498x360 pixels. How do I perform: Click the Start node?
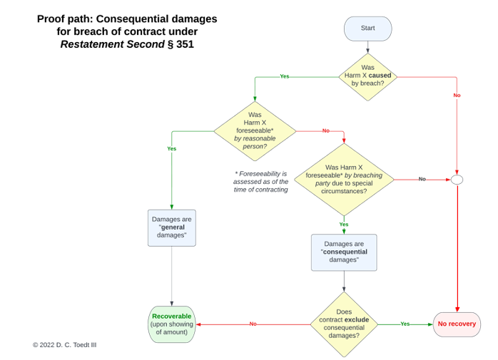tap(367, 29)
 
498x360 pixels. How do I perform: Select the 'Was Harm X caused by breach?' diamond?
tap(367, 76)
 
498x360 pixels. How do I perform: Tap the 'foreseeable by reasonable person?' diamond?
tap(255, 130)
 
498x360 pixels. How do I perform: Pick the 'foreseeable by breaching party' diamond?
tap(344, 180)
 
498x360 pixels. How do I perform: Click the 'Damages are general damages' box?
tap(171, 228)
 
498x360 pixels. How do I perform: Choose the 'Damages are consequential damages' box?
tap(344, 252)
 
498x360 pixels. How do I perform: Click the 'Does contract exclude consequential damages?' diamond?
tap(344, 324)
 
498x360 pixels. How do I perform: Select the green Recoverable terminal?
tap(171, 324)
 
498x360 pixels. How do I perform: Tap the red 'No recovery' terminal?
tap(457, 324)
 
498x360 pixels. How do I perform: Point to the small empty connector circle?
tap(457, 180)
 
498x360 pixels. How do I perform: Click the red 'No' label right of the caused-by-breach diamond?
tap(457, 96)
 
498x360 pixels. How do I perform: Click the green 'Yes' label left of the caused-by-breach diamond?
tap(285, 76)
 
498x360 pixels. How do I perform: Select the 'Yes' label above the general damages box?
tap(171, 148)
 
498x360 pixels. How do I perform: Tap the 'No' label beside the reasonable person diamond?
tap(326, 130)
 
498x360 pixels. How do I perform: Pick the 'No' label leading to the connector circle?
tap(422, 179)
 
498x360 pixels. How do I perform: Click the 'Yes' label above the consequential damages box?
tap(344, 224)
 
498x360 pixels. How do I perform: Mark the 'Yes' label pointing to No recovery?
tap(405, 324)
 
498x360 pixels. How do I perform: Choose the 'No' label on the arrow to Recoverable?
tap(253, 324)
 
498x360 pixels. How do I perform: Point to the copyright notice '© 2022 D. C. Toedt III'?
tap(64, 345)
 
